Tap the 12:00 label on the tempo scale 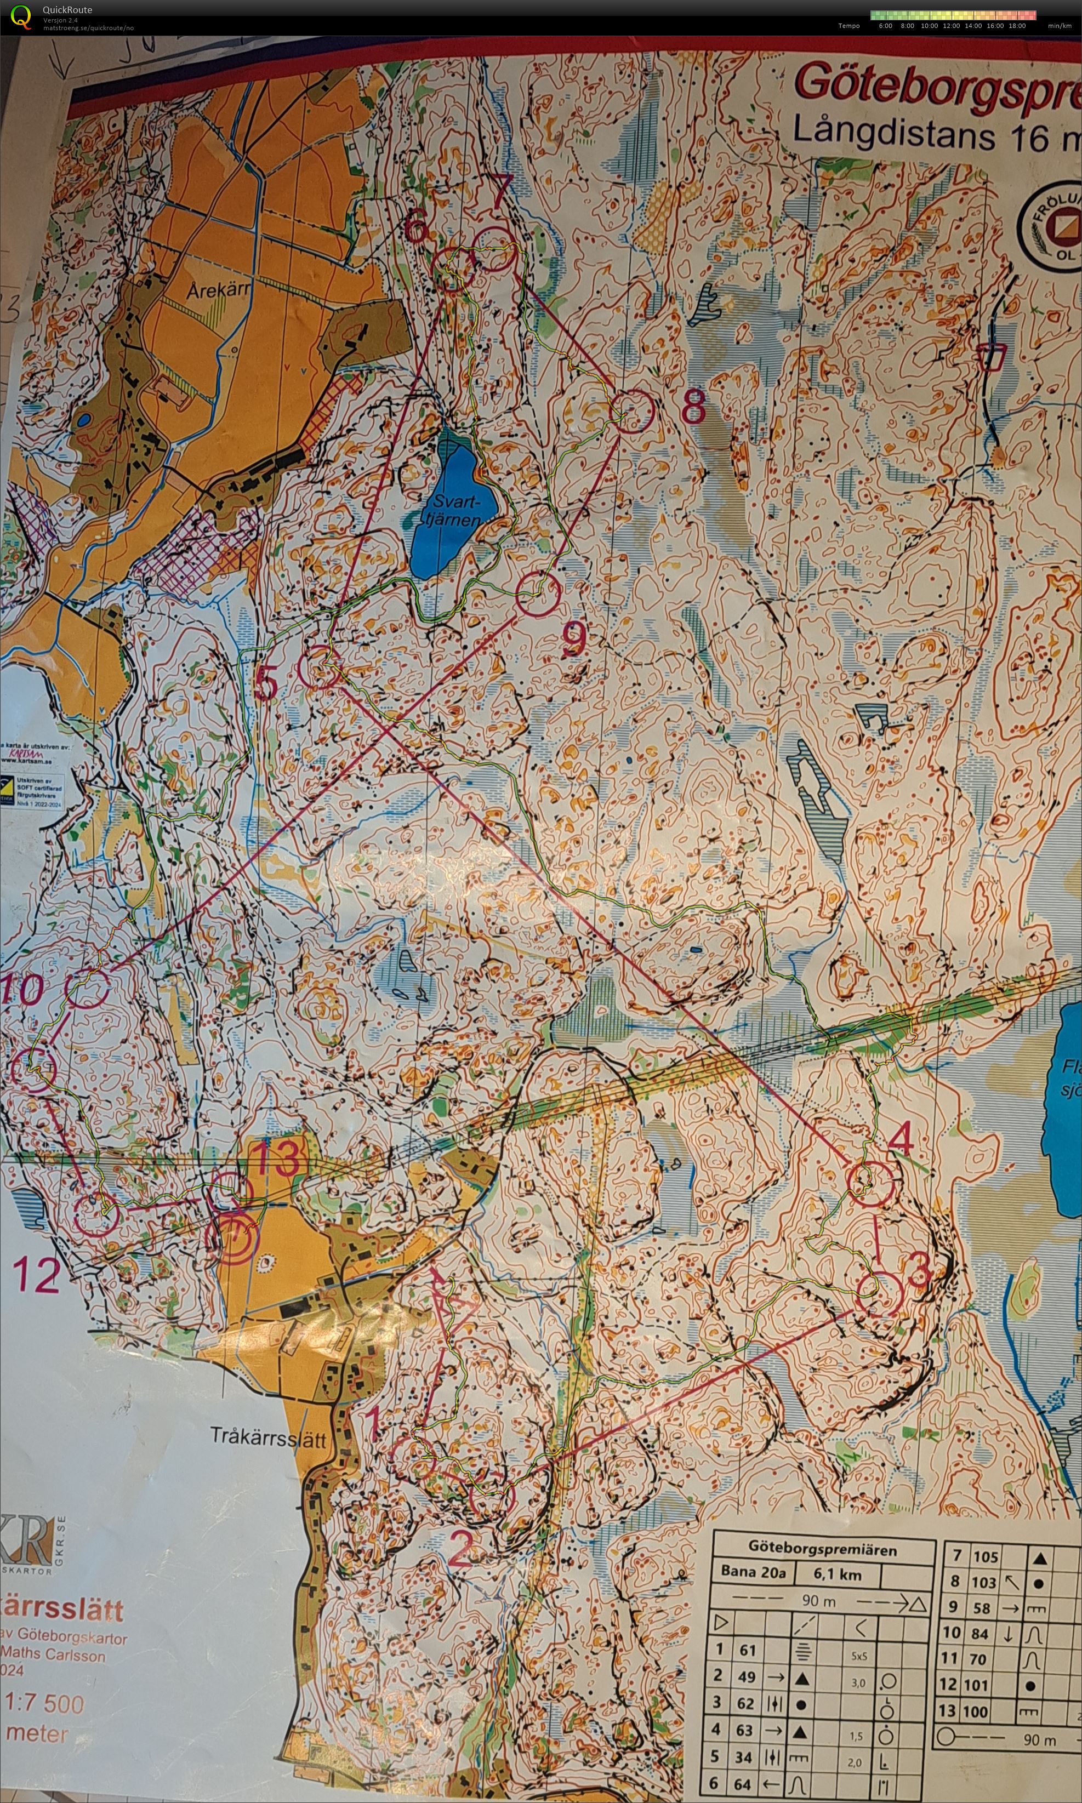[951, 26]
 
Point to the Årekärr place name [218, 290]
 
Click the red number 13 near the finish [276, 1158]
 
